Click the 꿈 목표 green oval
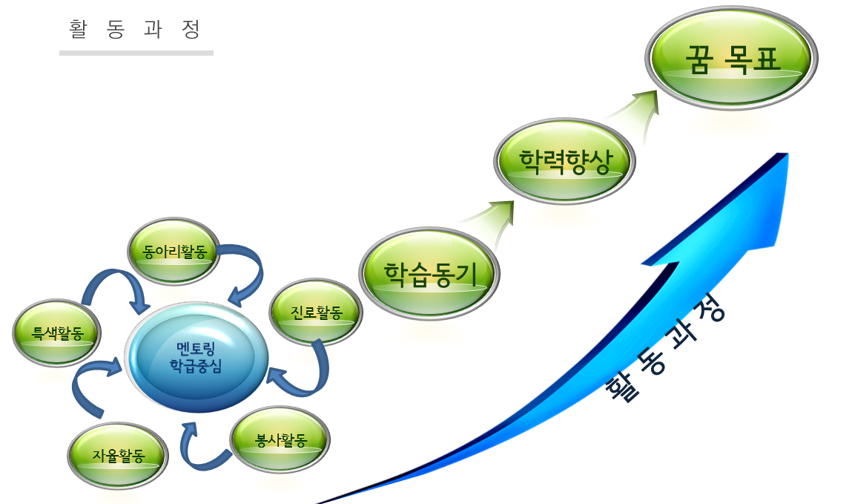click(731, 58)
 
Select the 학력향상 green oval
click(564, 161)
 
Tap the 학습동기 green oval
click(429, 273)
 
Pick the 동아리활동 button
click(174, 251)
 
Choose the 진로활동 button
click(316, 312)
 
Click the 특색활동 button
click(56, 333)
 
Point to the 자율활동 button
click(118, 455)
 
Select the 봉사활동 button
click(280, 439)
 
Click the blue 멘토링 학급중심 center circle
click(196, 357)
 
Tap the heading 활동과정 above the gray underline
click(135, 29)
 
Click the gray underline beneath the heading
click(136, 53)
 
